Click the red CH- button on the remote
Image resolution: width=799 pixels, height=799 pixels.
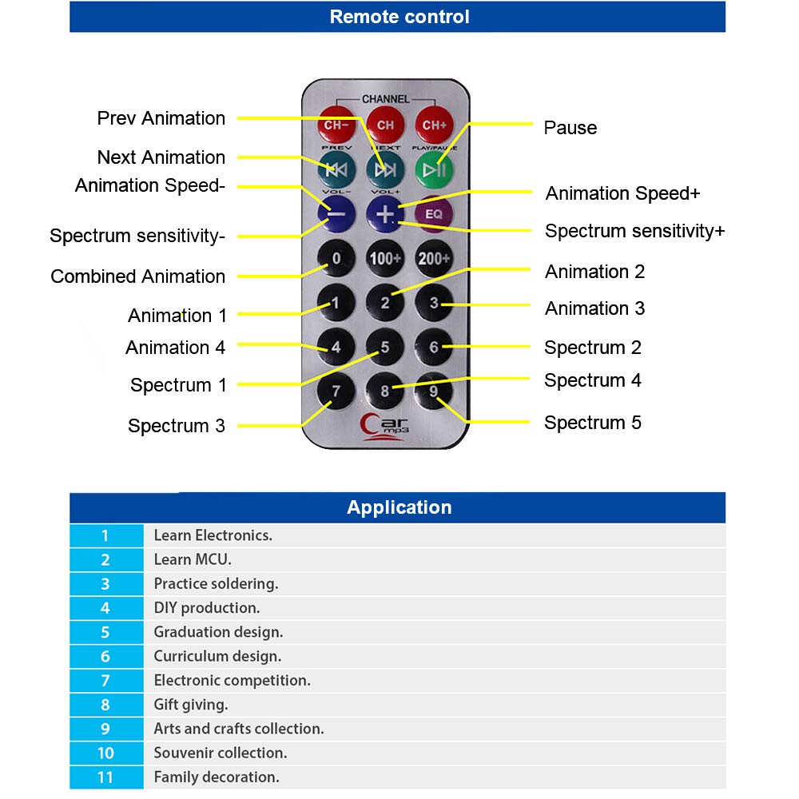coord(336,125)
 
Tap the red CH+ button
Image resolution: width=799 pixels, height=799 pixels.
coord(434,125)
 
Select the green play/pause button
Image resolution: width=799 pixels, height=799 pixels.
coord(434,169)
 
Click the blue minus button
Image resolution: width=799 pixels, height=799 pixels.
coord(336,213)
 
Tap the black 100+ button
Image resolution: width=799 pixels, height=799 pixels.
coord(385,258)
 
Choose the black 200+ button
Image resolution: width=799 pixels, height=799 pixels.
coord(434,258)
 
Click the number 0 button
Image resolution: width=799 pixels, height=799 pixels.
coord(336,258)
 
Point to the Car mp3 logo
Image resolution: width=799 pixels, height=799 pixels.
coord(385,426)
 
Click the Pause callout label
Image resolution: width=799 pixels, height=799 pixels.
coord(570,128)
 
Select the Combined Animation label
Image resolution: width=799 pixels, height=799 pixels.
coord(137,276)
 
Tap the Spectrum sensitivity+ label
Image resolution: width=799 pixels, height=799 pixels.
coord(634,231)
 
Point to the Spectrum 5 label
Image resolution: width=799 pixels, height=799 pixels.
coord(592,423)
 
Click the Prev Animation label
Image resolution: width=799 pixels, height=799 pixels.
coord(161,118)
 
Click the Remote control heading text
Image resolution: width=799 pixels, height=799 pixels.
coord(399,17)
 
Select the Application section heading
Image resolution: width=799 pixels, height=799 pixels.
coord(399,507)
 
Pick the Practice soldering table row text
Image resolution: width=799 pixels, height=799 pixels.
coord(216,584)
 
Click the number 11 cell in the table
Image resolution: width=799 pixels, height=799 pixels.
coord(105,777)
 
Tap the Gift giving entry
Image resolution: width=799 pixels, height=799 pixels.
coord(191,705)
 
